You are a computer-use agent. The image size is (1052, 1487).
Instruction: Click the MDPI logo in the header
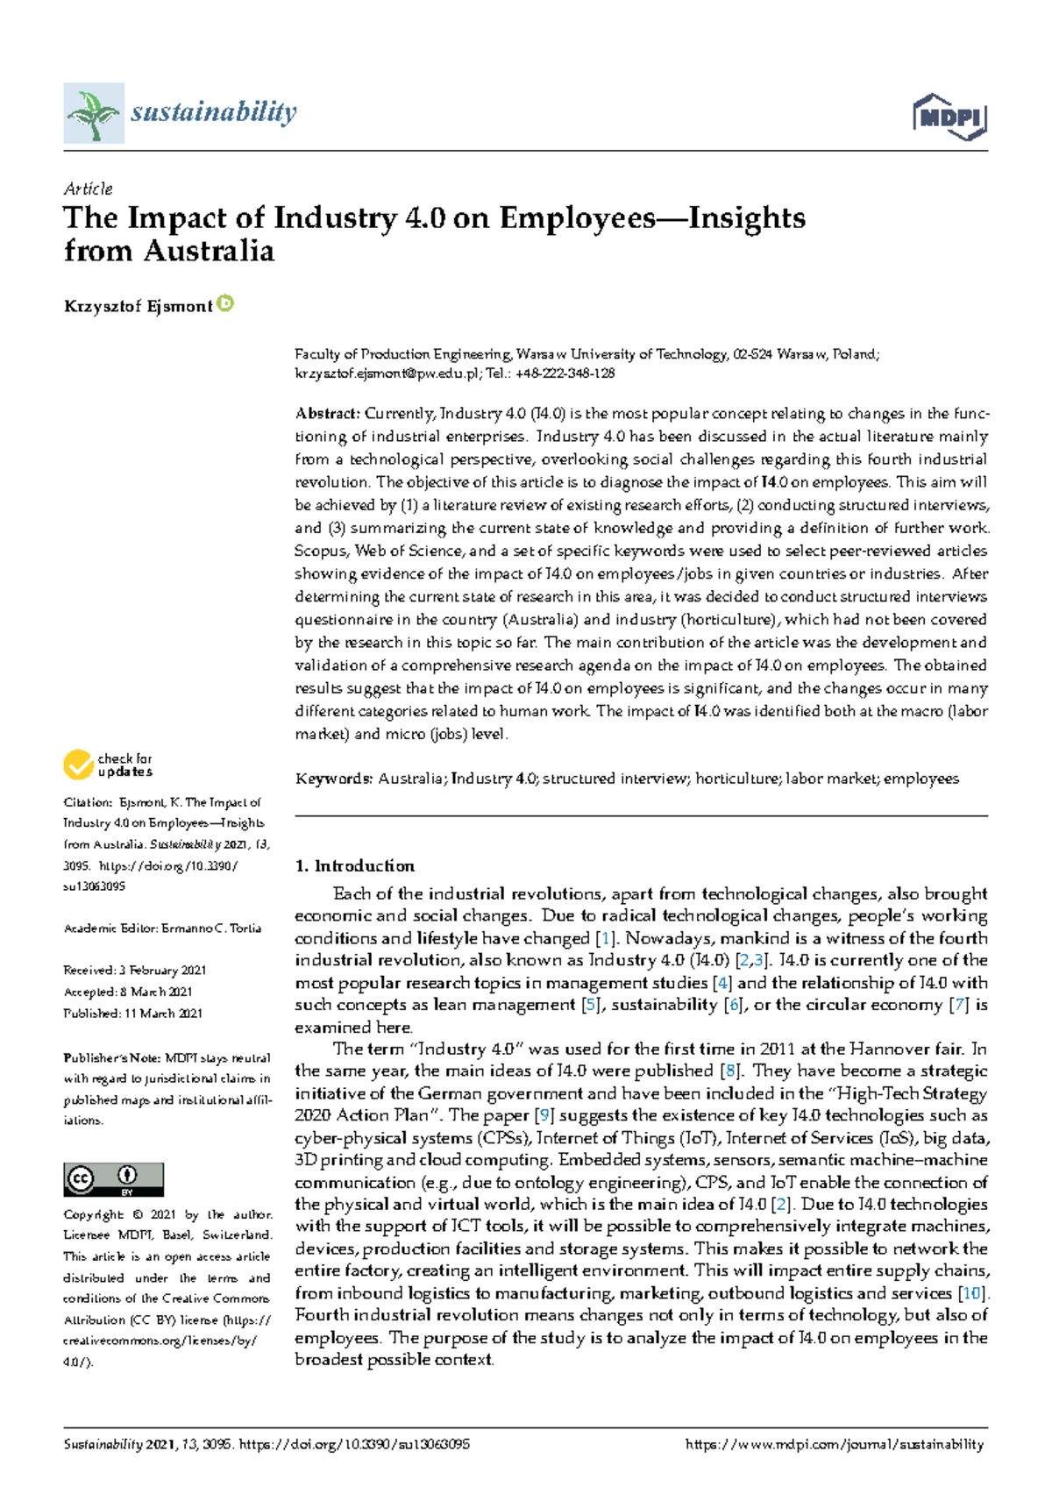949,116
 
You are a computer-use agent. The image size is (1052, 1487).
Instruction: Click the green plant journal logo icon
93,113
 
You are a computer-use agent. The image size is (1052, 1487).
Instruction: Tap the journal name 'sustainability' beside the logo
213,111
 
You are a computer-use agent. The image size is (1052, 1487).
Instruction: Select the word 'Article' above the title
88,189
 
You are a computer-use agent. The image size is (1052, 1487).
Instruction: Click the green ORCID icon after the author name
225,304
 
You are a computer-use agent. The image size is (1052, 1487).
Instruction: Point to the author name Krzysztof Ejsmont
138,306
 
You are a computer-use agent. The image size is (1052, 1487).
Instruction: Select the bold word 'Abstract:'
327,414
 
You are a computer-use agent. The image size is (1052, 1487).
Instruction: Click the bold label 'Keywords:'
334,779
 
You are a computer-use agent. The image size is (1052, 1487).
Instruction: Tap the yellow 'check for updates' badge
107,765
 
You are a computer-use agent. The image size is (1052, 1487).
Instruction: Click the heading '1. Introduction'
354,865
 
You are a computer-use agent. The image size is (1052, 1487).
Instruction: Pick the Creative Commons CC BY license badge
113,1179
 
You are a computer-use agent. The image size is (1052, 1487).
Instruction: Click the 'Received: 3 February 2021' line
134,971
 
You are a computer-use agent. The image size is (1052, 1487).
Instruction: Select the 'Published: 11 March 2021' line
132,1014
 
